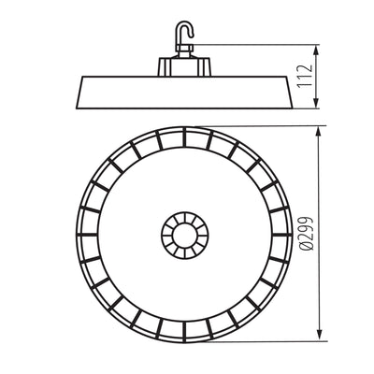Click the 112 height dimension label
pos(305,76)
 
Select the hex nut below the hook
pos(184,48)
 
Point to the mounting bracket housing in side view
pos(184,66)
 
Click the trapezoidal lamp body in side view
pos(184,93)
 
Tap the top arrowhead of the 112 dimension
pos(316,49)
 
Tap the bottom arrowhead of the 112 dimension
pos(316,103)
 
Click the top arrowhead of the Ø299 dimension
pos(318,132)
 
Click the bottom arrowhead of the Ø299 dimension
pos(319,335)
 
